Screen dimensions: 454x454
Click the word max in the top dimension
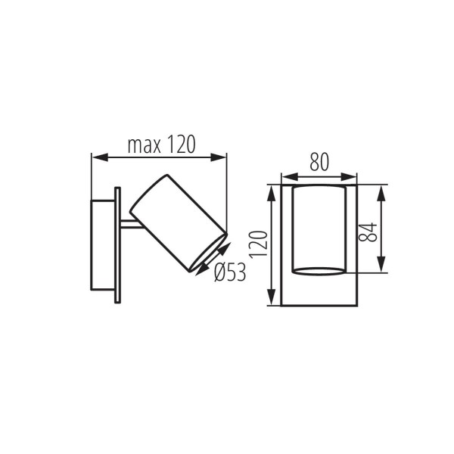tap(143, 145)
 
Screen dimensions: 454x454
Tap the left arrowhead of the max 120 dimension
tap(96, 157)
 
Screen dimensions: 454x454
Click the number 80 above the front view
tap(319, 161)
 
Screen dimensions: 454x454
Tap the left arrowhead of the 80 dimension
tap(285, 176)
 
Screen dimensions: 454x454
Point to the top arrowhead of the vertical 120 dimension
tap(270, 188)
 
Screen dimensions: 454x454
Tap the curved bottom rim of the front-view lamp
tap(319, 271)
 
